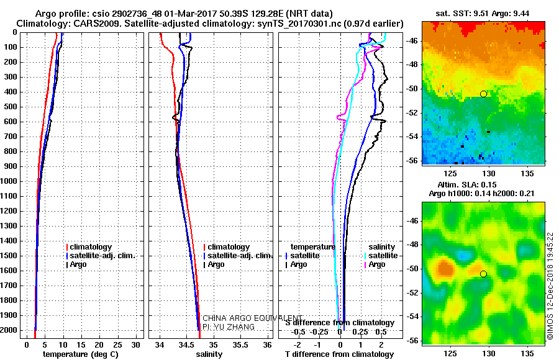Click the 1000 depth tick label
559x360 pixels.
coord(9,181)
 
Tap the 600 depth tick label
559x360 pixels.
coord(11,122)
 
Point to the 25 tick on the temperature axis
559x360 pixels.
coord(117,344)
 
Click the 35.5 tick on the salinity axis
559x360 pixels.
coord(240,344)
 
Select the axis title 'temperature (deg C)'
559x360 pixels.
coord(81,354)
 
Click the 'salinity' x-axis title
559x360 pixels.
coord(209,354)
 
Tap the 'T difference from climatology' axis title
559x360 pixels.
coord(339,354)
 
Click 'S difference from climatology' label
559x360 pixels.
coord(340,323)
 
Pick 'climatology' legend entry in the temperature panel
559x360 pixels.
coord(89,246)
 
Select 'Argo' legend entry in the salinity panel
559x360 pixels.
coord(214,264)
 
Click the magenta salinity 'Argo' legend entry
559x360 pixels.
coord(375,264)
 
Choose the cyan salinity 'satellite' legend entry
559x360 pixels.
coord(381,255)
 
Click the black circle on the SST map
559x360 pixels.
coord(483,94)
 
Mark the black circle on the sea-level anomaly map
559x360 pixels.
coord(483,274)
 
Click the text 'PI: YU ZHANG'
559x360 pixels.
coord(229,327)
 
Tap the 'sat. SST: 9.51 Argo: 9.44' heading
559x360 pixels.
coord(483,14)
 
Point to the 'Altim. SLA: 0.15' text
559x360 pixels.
coord(467,184)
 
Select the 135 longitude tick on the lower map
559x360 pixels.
coord(527,353)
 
